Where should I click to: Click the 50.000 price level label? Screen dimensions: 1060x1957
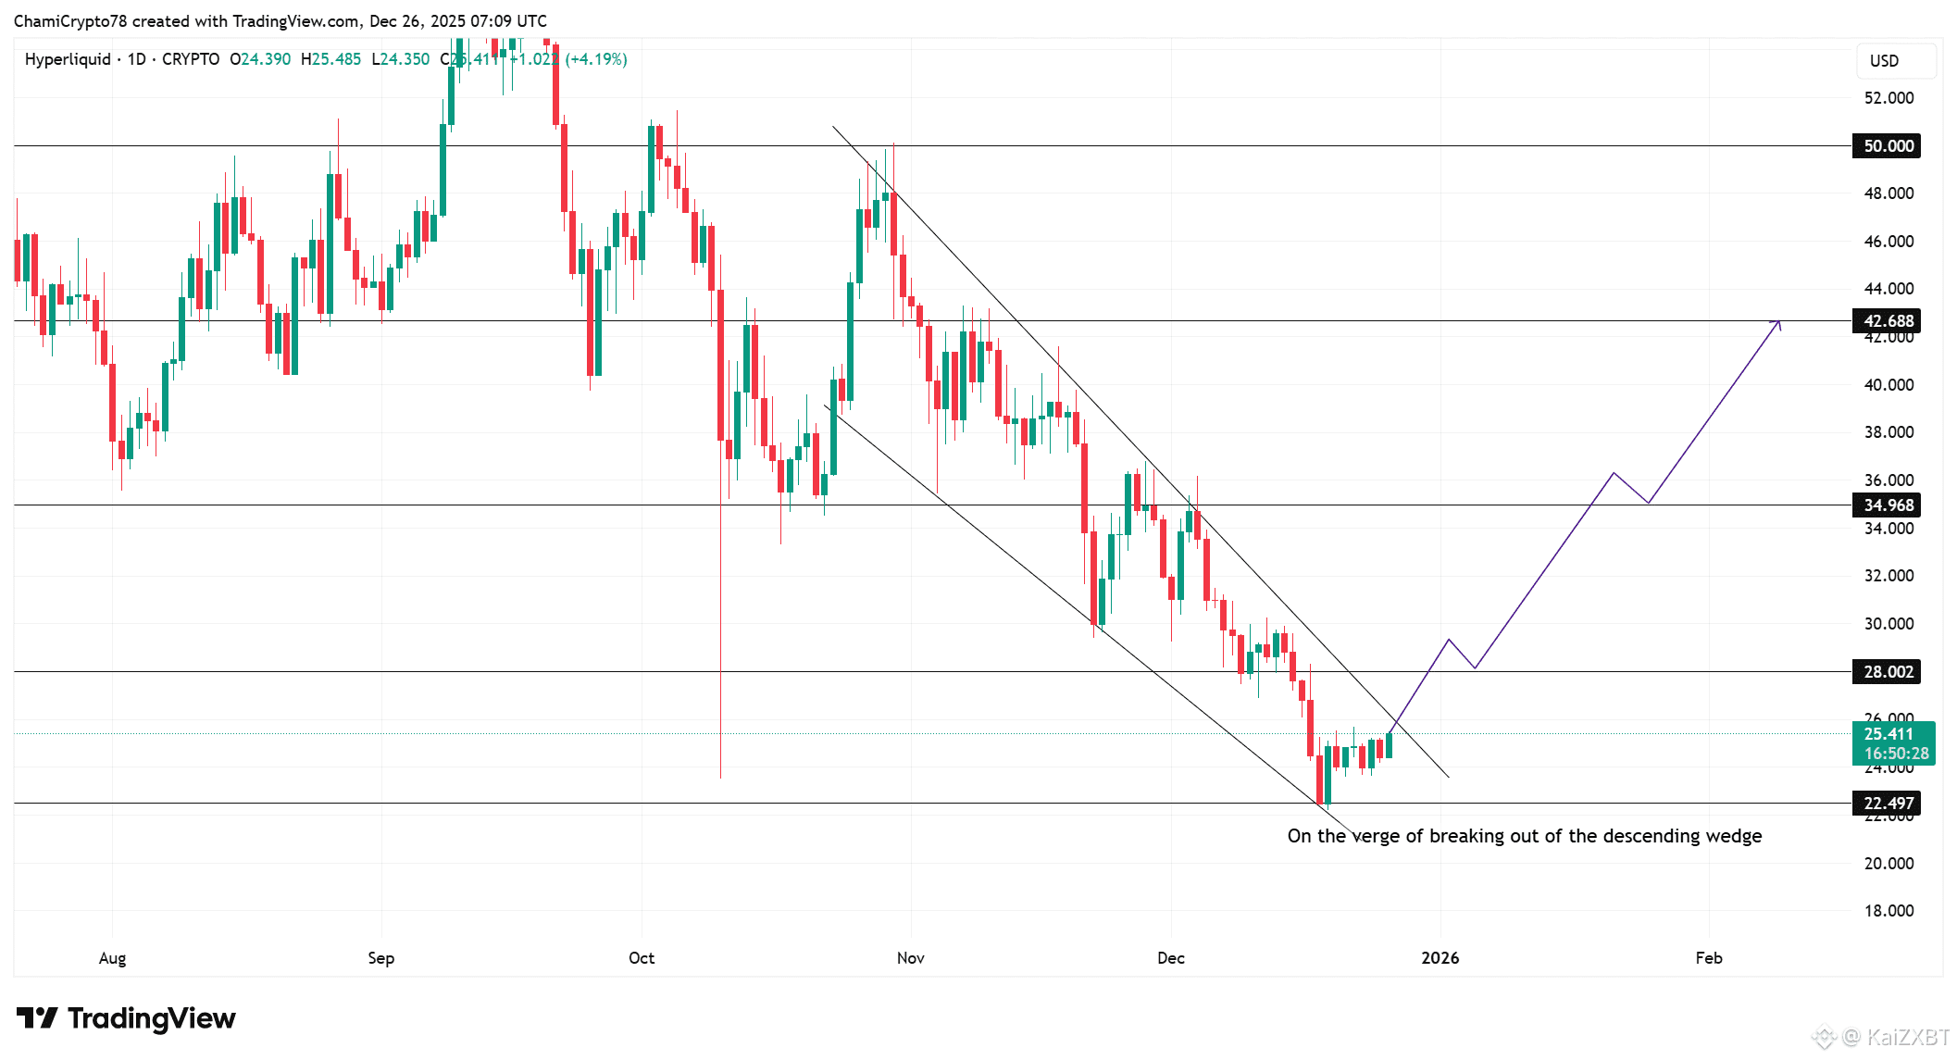pyautogui.click(x=1887, y=146)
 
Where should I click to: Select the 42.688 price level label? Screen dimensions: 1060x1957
pyautogui.click(x=1887, y=321)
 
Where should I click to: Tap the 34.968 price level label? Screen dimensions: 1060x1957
pyautogui.click(x=1887, y=505)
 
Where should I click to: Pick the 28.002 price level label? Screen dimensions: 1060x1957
pyautogui.click(x=1887, y=672)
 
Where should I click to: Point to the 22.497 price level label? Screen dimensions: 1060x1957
pyautogui.click(x=1887, y=804)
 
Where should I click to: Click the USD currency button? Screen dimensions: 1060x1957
pyautogui.click(x=1884, y=61)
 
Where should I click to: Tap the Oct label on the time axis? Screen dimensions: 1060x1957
pyautogui.click(x=642, y=958)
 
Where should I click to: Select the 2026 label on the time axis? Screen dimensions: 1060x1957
pyautogui.click(x=1440, y=958)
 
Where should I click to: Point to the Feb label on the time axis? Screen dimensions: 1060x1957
pyautogui.click(x=1709, y=958)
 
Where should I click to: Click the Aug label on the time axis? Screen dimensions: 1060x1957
pyautogui.click(x=112, y=958)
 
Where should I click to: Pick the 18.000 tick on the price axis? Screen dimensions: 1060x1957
pyautogui.click(x=1888, y=911)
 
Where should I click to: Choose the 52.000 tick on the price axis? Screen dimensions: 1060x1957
pyautogui.click(x=1888, y=98)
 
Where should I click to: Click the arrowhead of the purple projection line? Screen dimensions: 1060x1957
pyautogui.click(x=1777, y=323)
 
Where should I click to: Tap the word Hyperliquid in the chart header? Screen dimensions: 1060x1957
pyautogui.click(x=68, y=59)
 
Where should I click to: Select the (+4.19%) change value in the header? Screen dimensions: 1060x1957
pyautogui.click(x=596, y=59)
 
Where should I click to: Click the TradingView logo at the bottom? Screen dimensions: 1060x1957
pyautogui.click(x=127, y=1018)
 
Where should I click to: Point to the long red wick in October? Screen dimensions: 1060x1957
pyautogui.click(x=720, y=648)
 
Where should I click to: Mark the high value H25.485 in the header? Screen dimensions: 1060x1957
pyautogui.click(x=331, y=59)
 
